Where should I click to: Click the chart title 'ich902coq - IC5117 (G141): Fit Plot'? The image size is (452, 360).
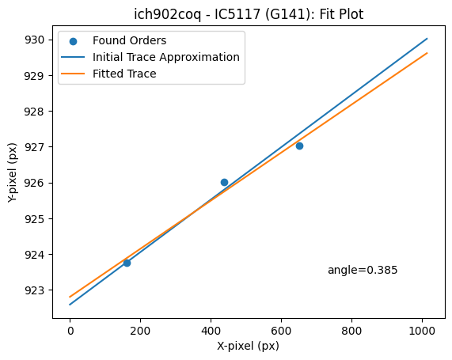(x=249, y=14)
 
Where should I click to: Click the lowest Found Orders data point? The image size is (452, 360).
(x=127, y=263)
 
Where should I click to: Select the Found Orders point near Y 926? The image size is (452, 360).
(x=224, y=182)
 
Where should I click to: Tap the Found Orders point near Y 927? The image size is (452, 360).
(x=299, y=146)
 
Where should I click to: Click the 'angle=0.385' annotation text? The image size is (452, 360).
(x=363, y=270)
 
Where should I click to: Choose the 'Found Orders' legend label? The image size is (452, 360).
(x=130, y=40)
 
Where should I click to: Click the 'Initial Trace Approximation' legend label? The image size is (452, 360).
(x=166, y=57)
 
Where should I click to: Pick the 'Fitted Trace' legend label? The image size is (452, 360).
(x=124, y=74)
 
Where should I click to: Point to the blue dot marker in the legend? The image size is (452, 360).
(x=73, y=41)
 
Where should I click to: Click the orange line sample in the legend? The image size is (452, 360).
(x=73, y=74)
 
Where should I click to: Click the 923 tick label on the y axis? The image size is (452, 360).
(x=34, y=290)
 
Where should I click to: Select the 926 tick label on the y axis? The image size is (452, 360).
(x=34, y=183)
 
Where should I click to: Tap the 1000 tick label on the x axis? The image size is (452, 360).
(x=422, y=331)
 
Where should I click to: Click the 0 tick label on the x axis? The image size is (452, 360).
(x=70, y=331)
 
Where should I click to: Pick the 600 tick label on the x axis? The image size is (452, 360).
(x=281, y=331)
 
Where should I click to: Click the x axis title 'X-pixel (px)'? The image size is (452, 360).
(x=249, y=346)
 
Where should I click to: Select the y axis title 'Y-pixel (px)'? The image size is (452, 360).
(x=13, y=172)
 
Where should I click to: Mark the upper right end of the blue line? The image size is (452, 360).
(x=427, y=38)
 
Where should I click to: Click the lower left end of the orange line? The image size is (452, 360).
(x=70, y=297)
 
